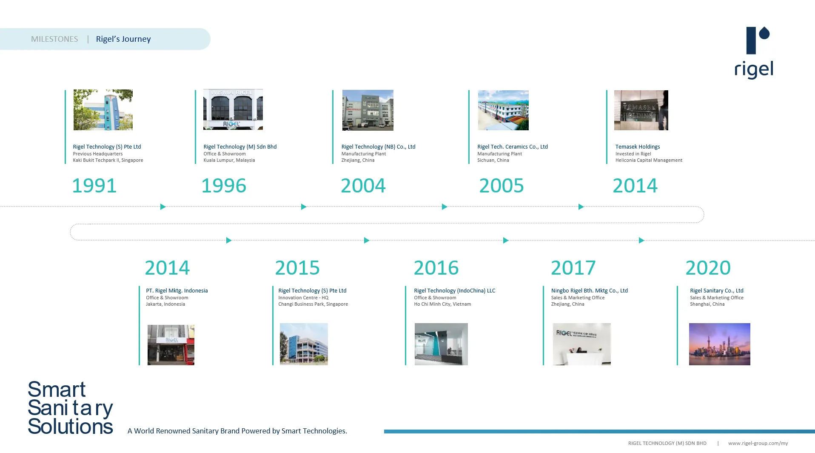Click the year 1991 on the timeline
pyautogui.click(x=94, y=186)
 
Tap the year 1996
pyautogui.click(x=224, y=186)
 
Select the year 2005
pyautogui.click(x=502, y=186)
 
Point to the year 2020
pyautogui.click(x=708, y=268)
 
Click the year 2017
pyautogui.click(x=573, y=268)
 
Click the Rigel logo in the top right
pyautogui.click(x=754, y=52)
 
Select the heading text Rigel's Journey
pyautogui.click(x=123, y=39)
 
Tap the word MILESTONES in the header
pyautogui.click(x=54, y=39)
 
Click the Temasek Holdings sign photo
pyautogui.click(x=641, y=110)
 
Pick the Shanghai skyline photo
pyautogui.click(x=720, y=344)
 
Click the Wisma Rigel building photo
pyautogui.click(x=233, y=109)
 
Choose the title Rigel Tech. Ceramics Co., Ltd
pyautogui.click(x=513, y=147)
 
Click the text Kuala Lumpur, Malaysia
pyautogui.click(x=229, y=161)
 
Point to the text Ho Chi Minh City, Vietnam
pyautogui.click(x=442, y=304)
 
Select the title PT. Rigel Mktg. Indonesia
pyautogui.click(x=177, y=291)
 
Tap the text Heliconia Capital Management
pyautogui.click(x=649, y=161)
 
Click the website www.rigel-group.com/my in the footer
pyautogui.click(x=758, y=443)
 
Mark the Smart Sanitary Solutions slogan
pyautogui.click(x=70, y=408)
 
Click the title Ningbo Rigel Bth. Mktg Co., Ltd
pyautogui.click(x=590, y=291)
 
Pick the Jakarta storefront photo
pyautogui.click(x=171, y=345)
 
